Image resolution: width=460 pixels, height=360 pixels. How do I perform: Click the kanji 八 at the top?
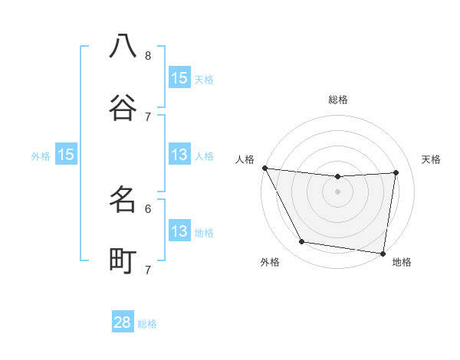click(x=123, y=46)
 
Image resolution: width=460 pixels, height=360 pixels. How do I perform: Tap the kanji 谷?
click(x=123, y=106)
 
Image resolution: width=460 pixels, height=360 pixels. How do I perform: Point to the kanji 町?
click(x=123, y=260)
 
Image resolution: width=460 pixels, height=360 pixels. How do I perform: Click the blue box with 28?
click(x=123, y=322)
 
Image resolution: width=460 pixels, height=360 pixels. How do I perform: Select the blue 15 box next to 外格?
click(x=66, y=155)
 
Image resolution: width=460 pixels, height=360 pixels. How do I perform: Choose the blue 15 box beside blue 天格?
click(x=179, y=78)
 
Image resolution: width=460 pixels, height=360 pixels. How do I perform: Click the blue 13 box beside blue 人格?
click(x=179, y=155)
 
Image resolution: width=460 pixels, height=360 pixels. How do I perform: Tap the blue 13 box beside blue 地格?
click(x=179, y=231)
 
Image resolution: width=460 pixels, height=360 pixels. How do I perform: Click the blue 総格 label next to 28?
click(x=147, y=324)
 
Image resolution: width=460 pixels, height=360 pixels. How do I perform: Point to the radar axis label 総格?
click(x=338, y=100)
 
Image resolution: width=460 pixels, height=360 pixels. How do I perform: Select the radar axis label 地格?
click(x=402, y=263)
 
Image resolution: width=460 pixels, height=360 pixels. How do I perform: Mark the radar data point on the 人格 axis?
click(x=264, y=168)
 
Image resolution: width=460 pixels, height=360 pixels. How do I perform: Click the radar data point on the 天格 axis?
click(x=396, y=172)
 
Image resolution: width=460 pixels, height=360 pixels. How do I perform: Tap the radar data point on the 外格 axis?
click(x=302, y=242)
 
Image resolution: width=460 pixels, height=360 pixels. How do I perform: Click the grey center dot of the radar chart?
click(x=338, y=191)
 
